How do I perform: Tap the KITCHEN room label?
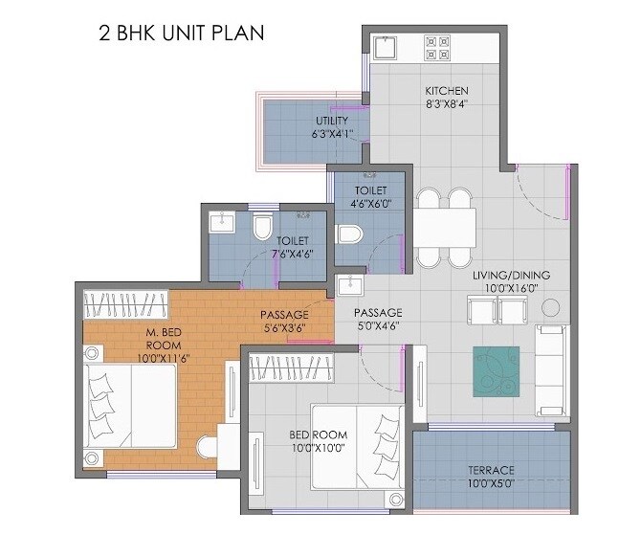point(447,92)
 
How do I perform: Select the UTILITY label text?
point(332,122)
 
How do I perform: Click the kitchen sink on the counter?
point(387,48)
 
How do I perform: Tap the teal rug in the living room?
point(496,370)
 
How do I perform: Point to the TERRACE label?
point(492,470)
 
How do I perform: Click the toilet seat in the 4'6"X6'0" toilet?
point(349,236)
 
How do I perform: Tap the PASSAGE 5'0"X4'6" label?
point(378,320)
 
